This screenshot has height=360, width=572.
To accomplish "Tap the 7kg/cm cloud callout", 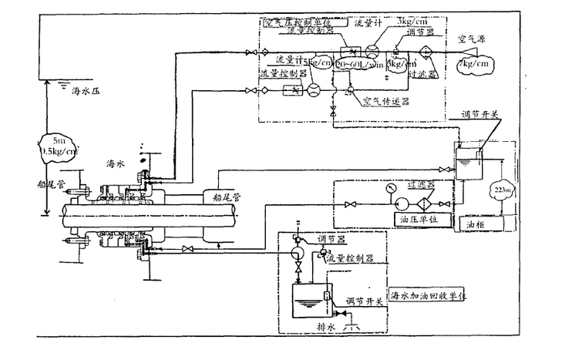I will point(476,64).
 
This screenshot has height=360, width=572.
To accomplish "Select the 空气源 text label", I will point(471,37).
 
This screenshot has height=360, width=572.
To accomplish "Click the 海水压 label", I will point(87,91).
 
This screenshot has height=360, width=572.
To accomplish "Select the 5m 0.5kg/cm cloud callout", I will point(59,146).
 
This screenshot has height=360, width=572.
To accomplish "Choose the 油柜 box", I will point(475,223).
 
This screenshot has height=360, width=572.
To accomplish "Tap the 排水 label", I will point(305,325).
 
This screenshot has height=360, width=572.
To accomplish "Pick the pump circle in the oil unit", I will point(402,204).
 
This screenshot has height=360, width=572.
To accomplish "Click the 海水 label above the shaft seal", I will point(116,164).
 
